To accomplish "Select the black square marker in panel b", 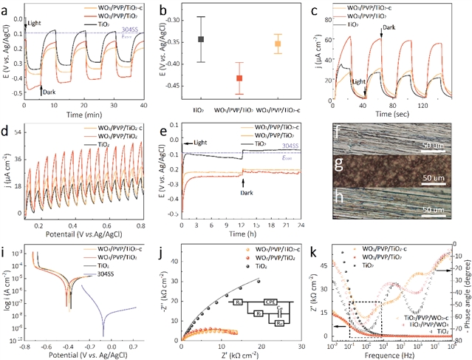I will point(201,39).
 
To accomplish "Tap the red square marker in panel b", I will point(239,78).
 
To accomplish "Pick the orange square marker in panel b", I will point(278,44).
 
